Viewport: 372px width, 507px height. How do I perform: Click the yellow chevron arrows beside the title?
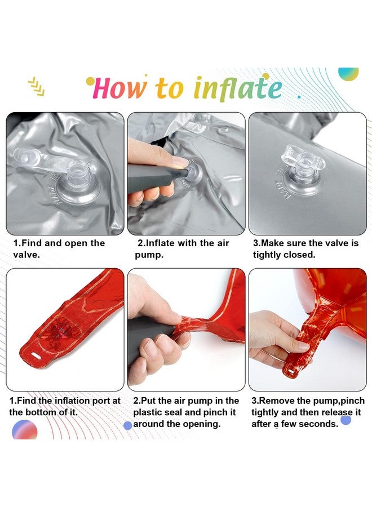point(37,87)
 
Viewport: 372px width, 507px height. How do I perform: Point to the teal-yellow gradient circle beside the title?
point(349,74)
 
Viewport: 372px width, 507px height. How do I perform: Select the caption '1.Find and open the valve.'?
point(59,248)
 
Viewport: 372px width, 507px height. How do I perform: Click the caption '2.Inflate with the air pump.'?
point(182,248)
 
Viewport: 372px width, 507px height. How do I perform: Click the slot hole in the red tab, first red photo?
point(38,356)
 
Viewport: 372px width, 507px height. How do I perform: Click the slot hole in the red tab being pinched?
point(291,370)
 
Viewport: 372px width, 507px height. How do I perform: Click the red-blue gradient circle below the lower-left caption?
point(25,430)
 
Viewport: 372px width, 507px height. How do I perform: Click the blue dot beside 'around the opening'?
point(128,425)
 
